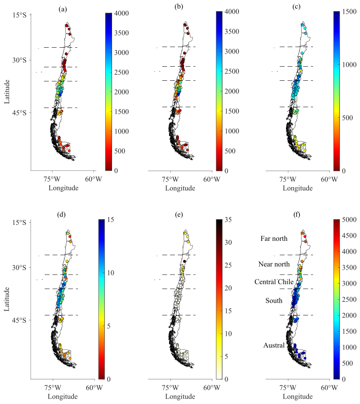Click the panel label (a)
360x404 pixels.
coord(63,7)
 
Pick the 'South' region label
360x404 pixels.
coord(274,300)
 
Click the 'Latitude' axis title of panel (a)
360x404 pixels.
coord(8,92)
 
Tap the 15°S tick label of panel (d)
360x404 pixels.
coord(18,222)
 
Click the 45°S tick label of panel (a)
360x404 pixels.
coord(18,113)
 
